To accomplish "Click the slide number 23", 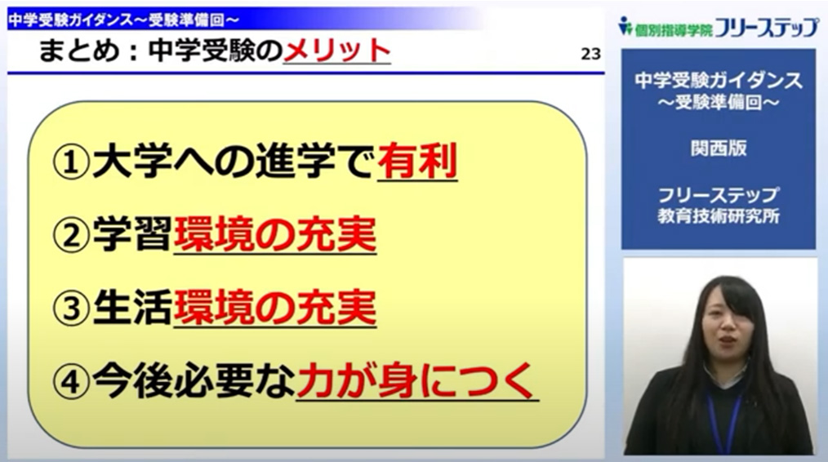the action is tap(590, 54).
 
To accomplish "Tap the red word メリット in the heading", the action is tap(337, 51).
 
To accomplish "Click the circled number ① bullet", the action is tap(71, 162).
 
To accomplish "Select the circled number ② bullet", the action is tap(71, 235).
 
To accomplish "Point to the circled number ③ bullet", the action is tap(71, 309).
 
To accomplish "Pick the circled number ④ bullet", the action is tap(71, 382).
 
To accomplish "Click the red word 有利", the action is tap(417, 161).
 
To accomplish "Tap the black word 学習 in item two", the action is tap(132, 234).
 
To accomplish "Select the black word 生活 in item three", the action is tap(132, 308).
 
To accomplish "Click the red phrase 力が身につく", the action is tap(416, 381).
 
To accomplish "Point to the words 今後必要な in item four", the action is tap(194, 381).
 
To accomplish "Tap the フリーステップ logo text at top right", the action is tap(766, 27).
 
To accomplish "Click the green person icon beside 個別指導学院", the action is tap(625, 25).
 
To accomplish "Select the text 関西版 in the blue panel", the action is tap(719, 149).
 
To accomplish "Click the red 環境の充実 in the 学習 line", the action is tap(274, 234).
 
